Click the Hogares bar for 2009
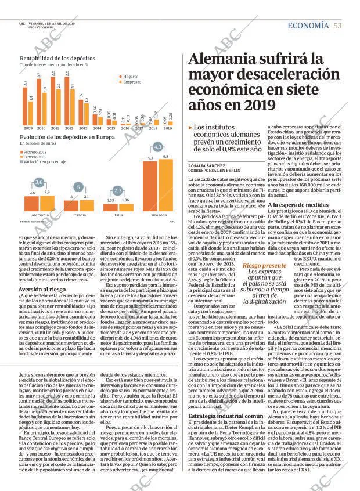pyautogui.click(x=25, y=105)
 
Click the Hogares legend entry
pyautogui.click(x=129, y=77)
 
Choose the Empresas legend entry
pyautogui.click(x=131, y=82)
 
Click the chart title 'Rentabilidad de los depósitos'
pyautogui.click(x=56, y=59)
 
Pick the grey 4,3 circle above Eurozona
pyautogui.click(x=157, y=147)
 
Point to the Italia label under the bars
pyautogui.click(x=118, y=215)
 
